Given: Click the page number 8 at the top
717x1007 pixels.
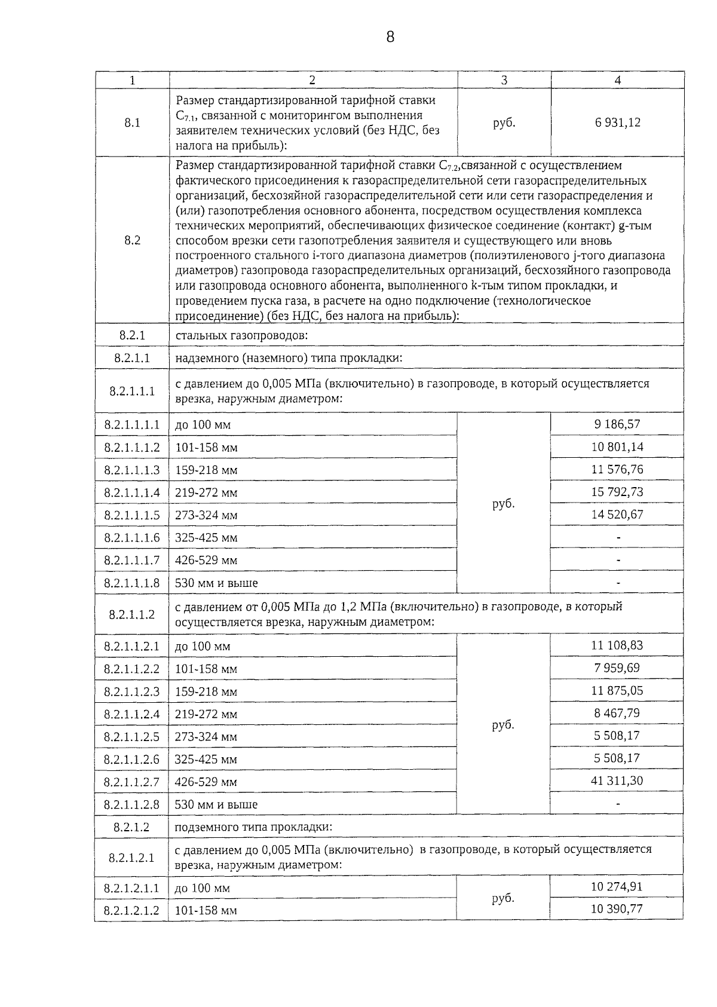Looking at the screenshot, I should click(390, 38).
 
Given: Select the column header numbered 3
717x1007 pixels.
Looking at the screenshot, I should click(504, 80).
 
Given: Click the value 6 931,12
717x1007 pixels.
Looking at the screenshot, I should click(617, 123).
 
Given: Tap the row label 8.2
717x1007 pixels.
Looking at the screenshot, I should click(132, 240).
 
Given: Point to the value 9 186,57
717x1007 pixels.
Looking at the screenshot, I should click(617, 424).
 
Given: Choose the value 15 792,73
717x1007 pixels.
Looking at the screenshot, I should click(617, 492).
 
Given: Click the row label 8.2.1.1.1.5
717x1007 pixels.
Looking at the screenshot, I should click(132, 515).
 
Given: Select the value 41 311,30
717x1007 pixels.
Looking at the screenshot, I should click(617, 780).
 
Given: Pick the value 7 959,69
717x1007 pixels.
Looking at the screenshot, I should click(617, 668).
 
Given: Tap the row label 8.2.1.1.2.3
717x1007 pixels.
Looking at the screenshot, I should click(132, 692).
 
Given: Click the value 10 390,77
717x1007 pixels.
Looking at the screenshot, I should click(617, 909).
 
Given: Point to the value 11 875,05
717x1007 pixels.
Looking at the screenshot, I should click(617, 690).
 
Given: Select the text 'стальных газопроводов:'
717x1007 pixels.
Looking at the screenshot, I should click(241, 335).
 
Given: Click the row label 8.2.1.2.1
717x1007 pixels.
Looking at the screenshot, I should click(132, 858).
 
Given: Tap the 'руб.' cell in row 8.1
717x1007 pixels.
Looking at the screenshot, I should click(504, 123).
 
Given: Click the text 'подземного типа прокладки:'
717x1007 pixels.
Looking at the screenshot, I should click(253, 828).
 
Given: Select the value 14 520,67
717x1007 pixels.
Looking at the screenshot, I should click(617, 514).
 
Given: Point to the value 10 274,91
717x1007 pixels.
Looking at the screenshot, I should click(617, 886).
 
